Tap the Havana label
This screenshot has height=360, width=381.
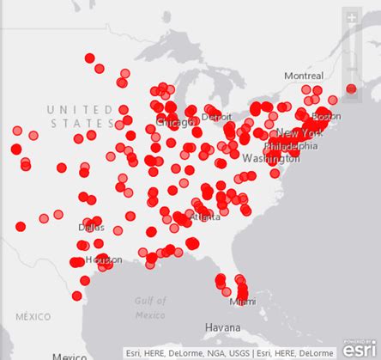coord(224,327)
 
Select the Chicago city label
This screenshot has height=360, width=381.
coord(174,123)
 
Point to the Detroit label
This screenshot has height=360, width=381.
coord(215,116)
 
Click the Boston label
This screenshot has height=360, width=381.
coord(326,116)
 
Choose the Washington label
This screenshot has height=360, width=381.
coord(271,159)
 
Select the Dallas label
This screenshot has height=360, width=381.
coord(91,228)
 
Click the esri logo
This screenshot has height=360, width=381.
coord(358,349)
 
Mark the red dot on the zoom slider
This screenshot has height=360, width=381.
coord(350,88)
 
